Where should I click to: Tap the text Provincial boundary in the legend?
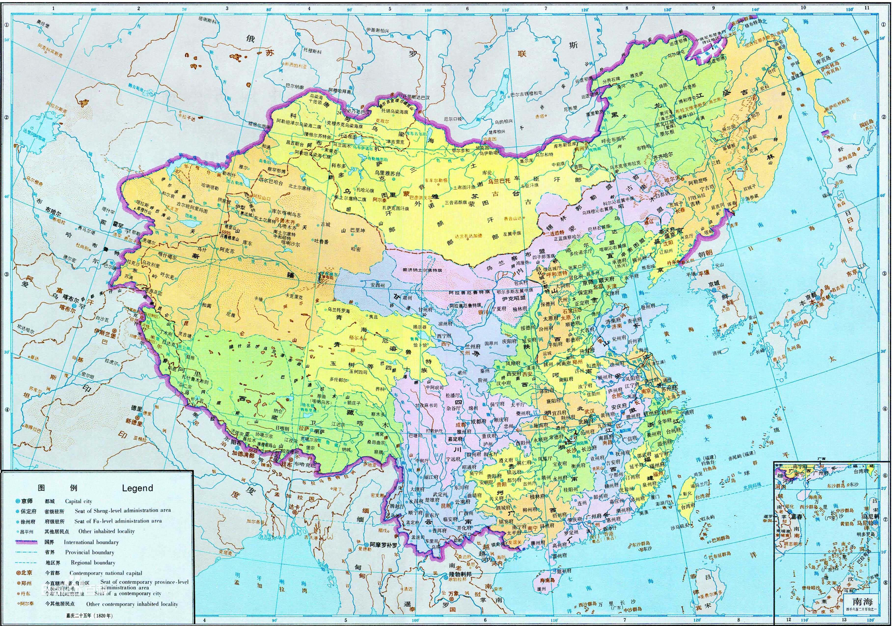click(x=89, y=552)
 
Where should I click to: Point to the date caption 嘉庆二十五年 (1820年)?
click(x=89, y=616)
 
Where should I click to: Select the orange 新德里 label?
click(x=134, y=421)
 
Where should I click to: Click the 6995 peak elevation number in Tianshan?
click(x=226, y=232)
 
